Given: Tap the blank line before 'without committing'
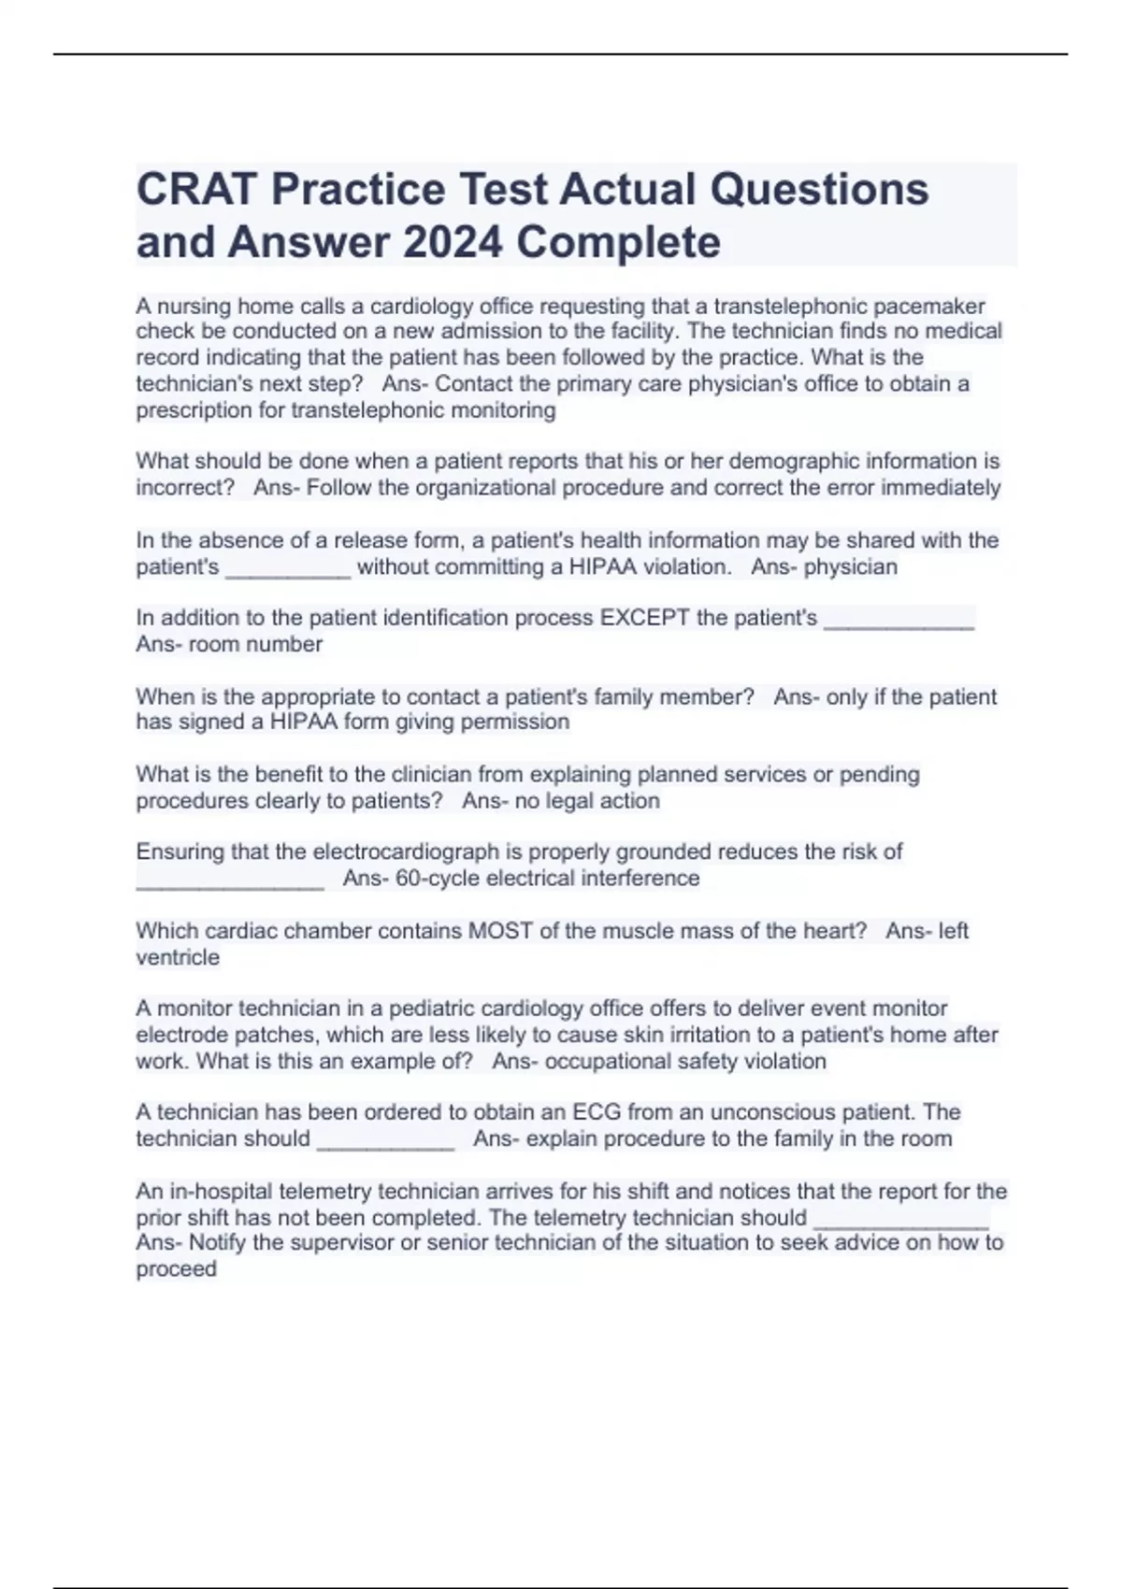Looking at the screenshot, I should pos(288,567).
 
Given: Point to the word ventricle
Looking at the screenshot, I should pos(178,957).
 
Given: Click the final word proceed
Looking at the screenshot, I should pos(176,1269).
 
